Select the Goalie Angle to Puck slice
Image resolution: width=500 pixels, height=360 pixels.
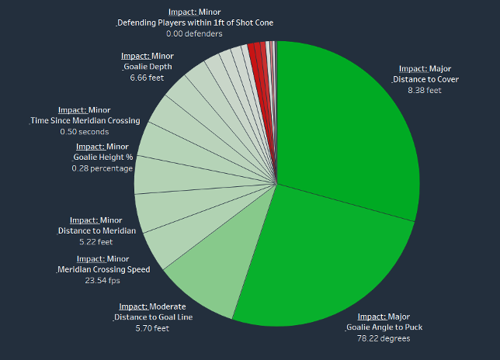pos(326,264)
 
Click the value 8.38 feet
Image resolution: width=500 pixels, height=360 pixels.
pos(424,91)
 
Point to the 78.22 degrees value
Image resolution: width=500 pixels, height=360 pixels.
pos(384,339)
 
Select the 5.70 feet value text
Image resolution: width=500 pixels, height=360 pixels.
pos(152,328)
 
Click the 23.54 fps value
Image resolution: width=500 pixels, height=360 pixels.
pos(101,281)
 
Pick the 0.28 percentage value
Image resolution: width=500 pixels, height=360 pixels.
pos(102,168)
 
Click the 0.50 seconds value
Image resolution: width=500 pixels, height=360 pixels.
pos(85,132)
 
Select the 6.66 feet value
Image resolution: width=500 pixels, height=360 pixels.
pos(147,78)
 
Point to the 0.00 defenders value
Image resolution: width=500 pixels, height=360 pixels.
pos(194,34)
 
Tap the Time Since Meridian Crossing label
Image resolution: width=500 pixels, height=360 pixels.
pos(85,120)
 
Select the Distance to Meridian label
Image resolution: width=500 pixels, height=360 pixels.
pos(97,230)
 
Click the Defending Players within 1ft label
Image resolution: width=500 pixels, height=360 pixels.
pos(196,23)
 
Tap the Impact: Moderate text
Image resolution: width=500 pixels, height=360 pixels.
pos(153,306)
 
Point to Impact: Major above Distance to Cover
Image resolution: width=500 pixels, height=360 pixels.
pos(425,68)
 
